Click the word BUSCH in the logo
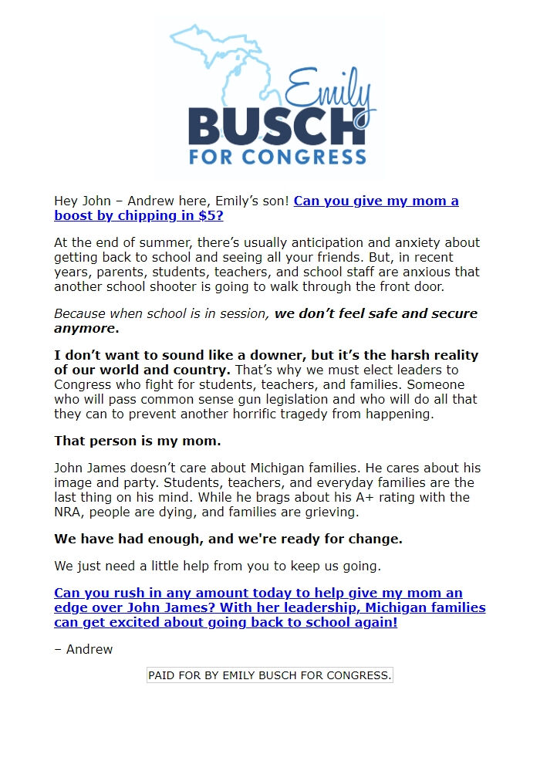tap(275, 125)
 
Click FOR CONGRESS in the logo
tap(278, 157)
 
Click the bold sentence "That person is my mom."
tap(137, 441)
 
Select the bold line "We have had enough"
tap(228, 538)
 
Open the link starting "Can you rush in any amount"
tap(269, 607)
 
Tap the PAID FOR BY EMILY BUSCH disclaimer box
tap(270, 675)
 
